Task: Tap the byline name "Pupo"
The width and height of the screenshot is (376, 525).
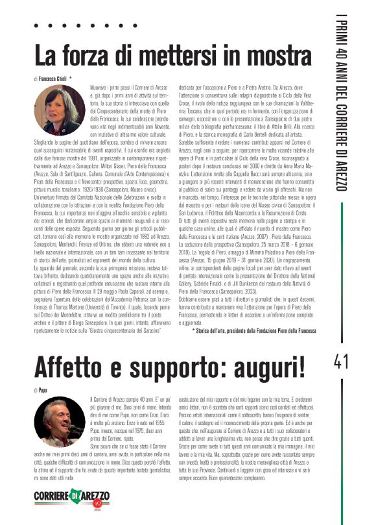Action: click(43, 389)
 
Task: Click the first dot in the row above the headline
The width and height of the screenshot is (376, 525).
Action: click(37, 27)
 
